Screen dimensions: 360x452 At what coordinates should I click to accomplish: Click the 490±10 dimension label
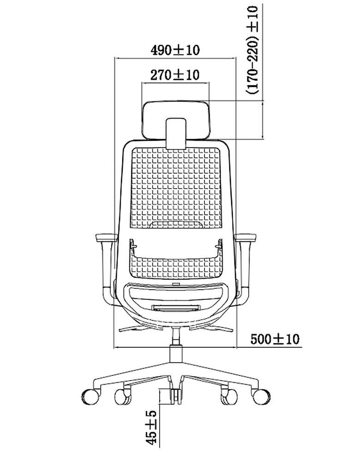pos(175,50)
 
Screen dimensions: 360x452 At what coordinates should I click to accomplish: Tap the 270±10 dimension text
pos(175,75)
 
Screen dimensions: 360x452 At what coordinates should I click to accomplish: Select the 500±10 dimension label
pos(275,339)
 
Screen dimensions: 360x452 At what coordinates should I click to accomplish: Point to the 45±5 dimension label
pos(151,427)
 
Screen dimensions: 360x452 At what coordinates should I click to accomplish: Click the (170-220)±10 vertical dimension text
pos(252,50)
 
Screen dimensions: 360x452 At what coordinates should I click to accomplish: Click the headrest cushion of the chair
pos(176,119)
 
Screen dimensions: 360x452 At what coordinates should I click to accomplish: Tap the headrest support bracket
pos(176,134)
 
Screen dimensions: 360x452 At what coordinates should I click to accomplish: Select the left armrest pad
pos(106,238)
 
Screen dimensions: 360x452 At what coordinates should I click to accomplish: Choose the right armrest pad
pos(246,238)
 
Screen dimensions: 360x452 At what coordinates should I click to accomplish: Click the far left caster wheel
pos(90,397)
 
